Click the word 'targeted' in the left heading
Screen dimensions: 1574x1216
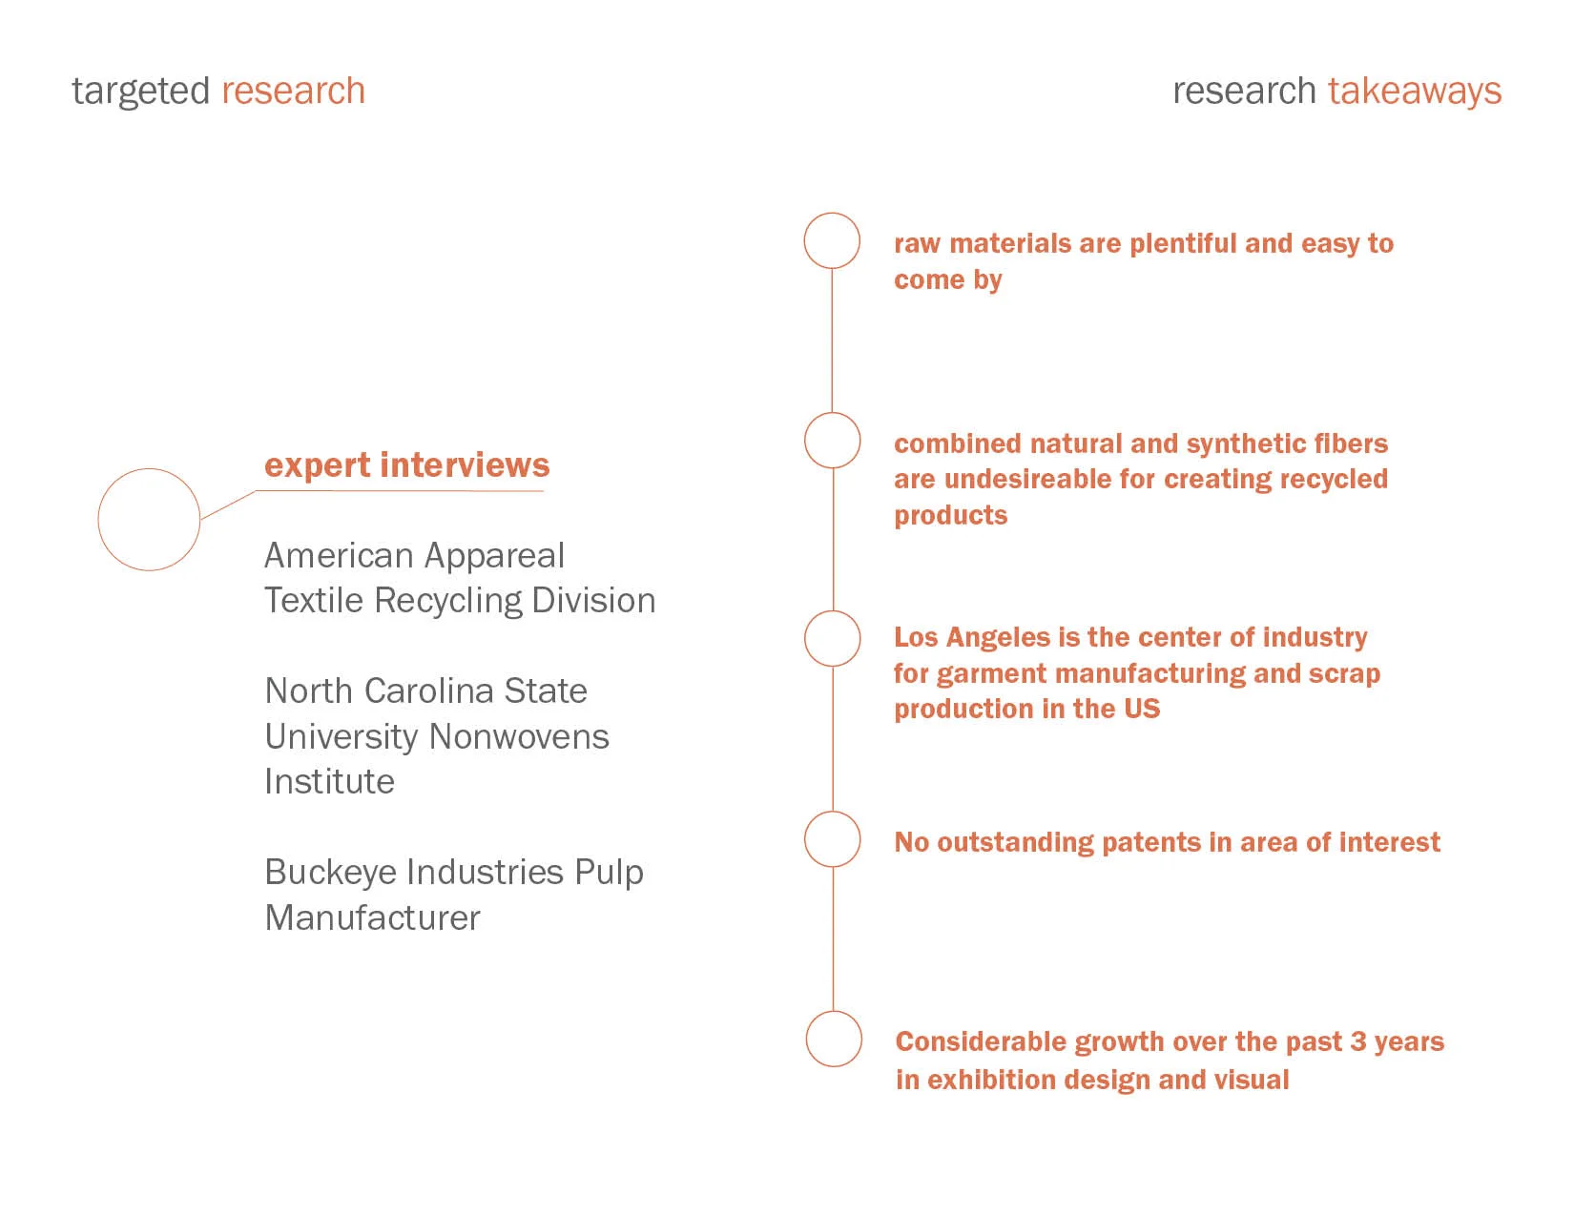pos(140,92)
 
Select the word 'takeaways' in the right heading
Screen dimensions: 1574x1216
pos(1414,92)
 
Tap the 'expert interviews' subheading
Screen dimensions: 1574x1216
pos(406,465)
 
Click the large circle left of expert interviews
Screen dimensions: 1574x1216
pos(149,520)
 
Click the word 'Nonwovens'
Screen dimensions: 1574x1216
pos(519,737)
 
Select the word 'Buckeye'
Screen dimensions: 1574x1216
pos(319,873)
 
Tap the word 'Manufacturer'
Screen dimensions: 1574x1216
pos(372,918)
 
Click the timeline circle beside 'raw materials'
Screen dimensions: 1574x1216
pos(832,240)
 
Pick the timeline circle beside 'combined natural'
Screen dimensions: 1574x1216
pos(832,441)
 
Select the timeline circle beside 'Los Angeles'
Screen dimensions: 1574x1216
pos(832,638)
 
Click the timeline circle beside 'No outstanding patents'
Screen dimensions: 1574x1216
pos(832,839)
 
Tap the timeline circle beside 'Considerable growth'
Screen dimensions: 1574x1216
pos(833,1039)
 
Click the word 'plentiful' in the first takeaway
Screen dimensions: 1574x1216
pos(1183,244)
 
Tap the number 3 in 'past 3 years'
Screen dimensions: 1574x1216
pos(1357,1041)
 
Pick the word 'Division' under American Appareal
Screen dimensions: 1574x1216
pos(593,601)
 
